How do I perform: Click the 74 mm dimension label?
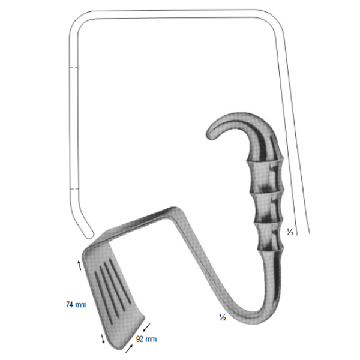(76, 305)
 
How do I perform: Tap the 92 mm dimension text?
(146, 339)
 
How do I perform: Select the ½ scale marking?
(223, 317)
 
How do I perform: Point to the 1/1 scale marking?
(290, 232)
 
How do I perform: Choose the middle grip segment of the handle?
(268, 208)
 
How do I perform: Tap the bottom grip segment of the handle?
(269, 236)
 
